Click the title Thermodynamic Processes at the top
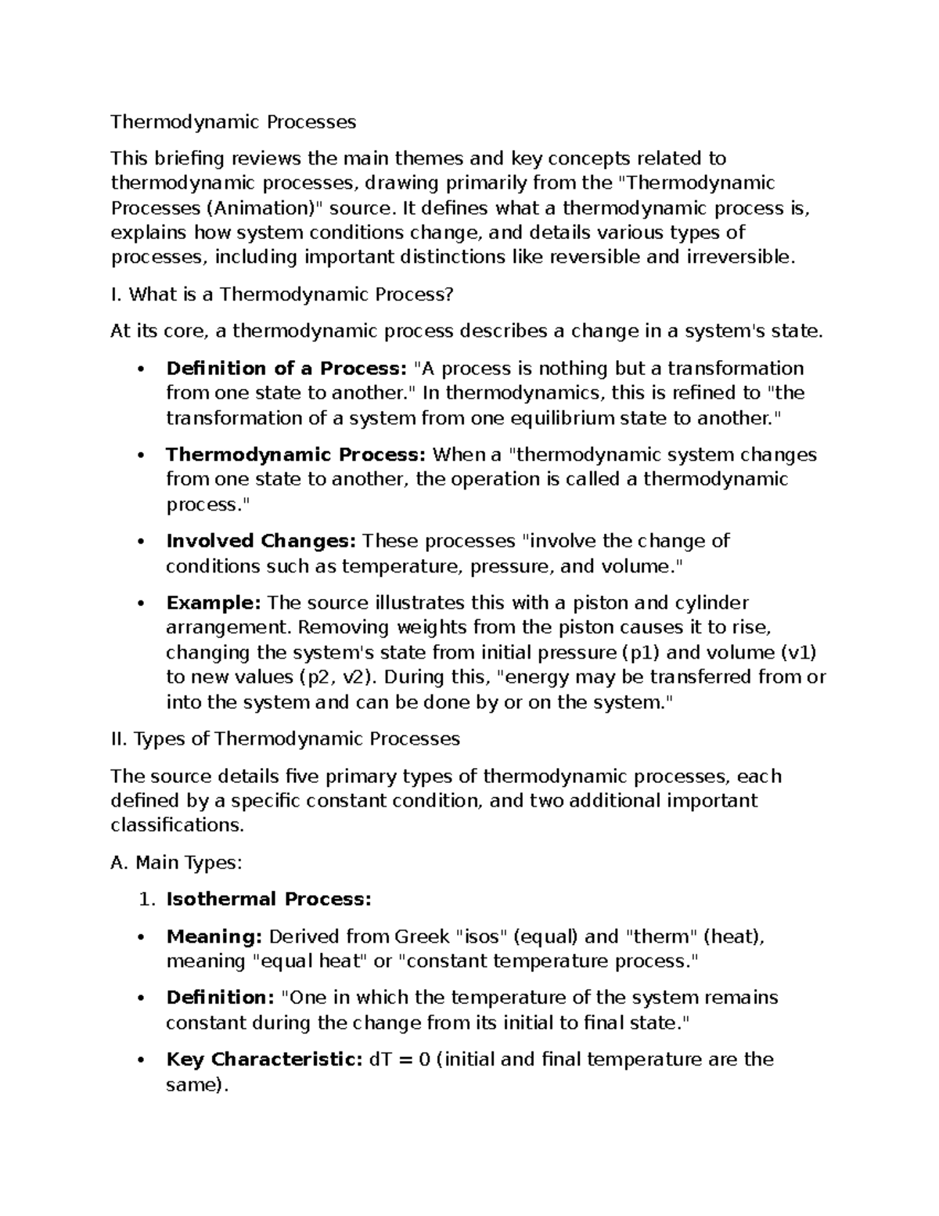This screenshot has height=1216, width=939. click(233, 121)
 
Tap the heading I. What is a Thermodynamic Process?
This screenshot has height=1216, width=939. click(282, 294)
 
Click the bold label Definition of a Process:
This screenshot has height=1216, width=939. click(286, 368)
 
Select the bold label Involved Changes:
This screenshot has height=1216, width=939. click(261, 541)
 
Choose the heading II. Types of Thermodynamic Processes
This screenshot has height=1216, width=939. click(286, 738)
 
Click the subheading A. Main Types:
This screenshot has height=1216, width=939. click(177, 862)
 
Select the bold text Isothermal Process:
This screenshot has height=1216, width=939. click(268, 899)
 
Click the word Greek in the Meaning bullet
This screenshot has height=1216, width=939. click(422, 936)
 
